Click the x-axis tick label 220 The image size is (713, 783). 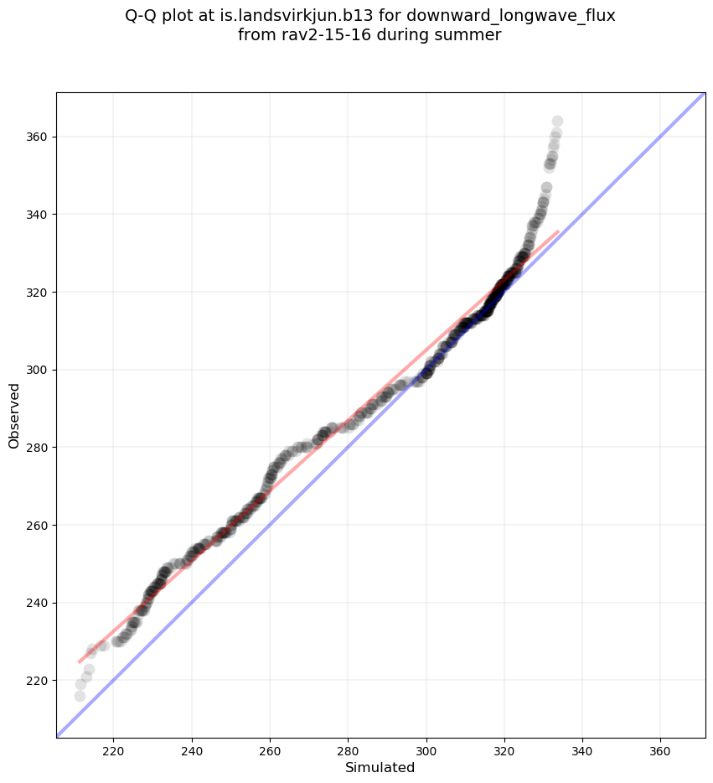coord(114,749)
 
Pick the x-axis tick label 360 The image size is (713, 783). coord(660,749)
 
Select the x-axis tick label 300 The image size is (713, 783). coord(426,749)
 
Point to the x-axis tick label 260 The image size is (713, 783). coord(271,749)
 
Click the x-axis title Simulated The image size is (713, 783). coord(380,767)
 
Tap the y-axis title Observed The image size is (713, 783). coord(14,415)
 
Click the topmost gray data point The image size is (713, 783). coord(557,122)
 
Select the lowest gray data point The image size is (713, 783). coord(80,696)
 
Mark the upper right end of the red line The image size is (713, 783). coord(558,231)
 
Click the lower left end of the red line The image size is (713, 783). coord(80,662)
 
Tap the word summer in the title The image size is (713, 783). coord(473,35)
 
